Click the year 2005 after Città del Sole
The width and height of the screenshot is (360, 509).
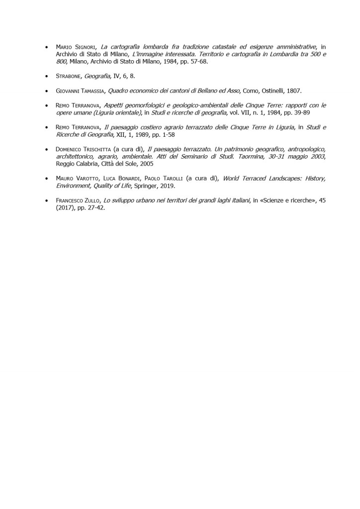point(146,164)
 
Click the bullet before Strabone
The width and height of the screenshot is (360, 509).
point(46,77)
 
